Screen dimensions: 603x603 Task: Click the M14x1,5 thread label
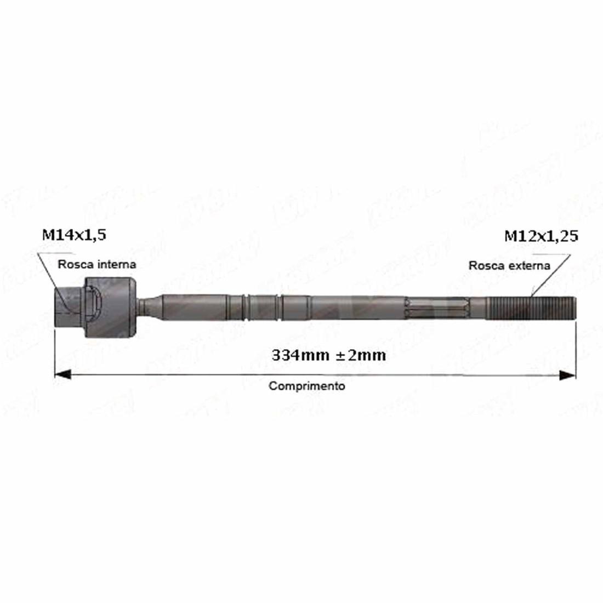pos(74,235)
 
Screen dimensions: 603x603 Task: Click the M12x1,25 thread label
pos(541,236)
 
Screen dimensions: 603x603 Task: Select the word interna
pos(117,264)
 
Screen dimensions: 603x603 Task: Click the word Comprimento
pos(306,386)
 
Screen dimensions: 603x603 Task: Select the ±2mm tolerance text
pos(361,355)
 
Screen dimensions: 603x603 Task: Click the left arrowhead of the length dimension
pos(62,374)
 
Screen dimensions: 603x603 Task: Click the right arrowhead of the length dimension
pos(567,375)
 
